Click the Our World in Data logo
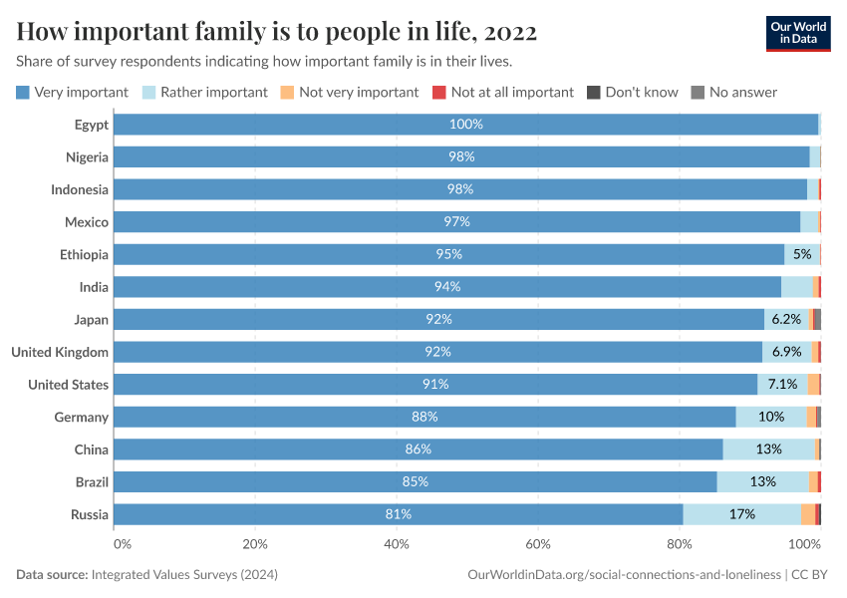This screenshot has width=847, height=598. click(x=797, y=33)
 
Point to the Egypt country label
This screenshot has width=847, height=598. click(x=91, y=125)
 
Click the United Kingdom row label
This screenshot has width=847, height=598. click(x=60, y=352)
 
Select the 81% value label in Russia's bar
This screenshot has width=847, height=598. click(x=399, y=514)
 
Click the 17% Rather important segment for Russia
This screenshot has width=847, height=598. click(x=741, y=514)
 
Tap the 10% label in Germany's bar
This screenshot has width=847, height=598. click(x=771, y=417)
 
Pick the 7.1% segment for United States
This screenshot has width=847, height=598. click(x=782, y=384)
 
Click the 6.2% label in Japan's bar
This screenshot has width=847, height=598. click(x=786, y=319)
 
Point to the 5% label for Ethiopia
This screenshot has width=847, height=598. click(x=802, y=254)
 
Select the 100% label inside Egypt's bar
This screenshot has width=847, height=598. click(x=465, y=125)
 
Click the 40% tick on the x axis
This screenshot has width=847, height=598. click(x=397, y=544)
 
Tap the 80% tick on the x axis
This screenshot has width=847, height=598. click(x=680, y=544)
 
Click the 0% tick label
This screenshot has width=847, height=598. click(x=122, y=544)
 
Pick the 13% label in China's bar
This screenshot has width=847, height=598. click(x=768, y=448)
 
